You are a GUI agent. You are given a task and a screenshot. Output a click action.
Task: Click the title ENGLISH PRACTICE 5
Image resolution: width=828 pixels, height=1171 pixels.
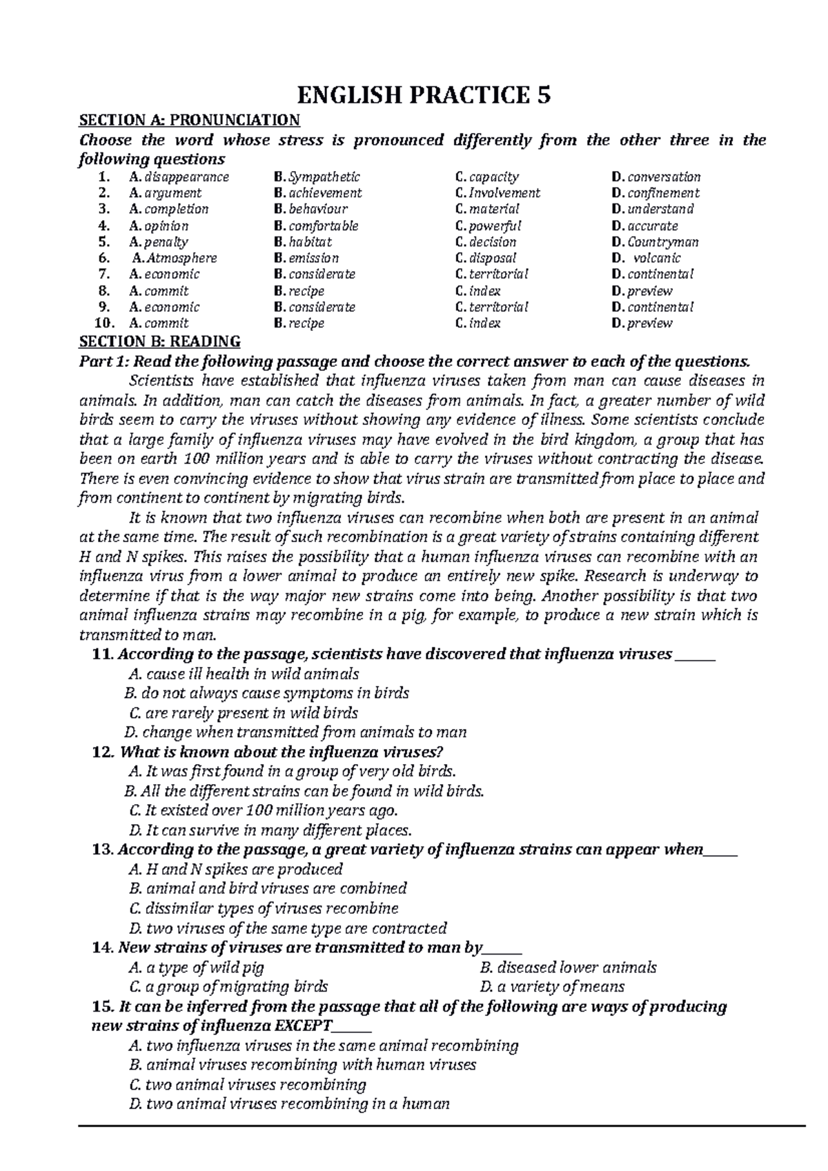[x=424, y=94]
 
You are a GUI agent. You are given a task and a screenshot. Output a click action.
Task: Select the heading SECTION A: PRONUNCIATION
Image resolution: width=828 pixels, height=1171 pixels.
[x=190, y=121]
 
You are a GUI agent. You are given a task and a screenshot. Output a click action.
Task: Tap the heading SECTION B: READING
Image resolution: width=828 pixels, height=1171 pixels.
[x=160, y=341]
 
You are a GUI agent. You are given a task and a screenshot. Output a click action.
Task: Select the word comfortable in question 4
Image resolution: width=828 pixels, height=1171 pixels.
[x=323, y=226]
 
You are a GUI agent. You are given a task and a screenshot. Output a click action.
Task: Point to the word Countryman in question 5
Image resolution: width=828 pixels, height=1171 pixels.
[x=662, y=242]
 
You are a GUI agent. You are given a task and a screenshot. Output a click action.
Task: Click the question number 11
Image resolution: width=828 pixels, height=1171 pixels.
[x=102, y=654]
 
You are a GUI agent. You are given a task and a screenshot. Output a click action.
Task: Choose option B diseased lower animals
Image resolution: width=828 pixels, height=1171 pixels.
[x=567, y=968]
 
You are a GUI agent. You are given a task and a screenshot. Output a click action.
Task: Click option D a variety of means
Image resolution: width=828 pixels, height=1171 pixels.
[x=551, y=986]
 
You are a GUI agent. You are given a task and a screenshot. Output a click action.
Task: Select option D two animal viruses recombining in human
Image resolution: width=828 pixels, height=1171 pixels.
[x=289, y=1103]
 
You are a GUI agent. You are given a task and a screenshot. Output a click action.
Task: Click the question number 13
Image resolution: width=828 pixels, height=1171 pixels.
[x=102, y=850]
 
